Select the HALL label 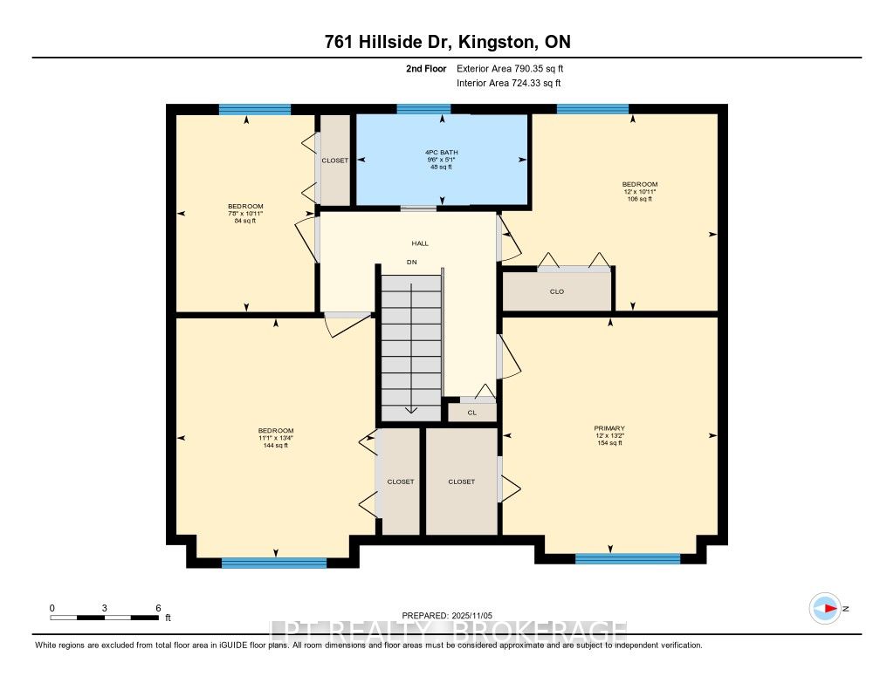(x=421, y=243)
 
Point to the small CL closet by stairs (x=471, y=413)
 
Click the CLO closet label (x=557, y=291)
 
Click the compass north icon (x=824, y=608)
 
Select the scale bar (x=104, y=618)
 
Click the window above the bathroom (x=423, y=109)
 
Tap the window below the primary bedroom (x=627, y=558)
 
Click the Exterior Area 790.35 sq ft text (x=515, y=68)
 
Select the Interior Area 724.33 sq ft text (x=508, y=84)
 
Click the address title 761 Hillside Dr (x=446, y=42)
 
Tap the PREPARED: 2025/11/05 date (x=446, y=614)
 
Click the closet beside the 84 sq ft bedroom (x=335, y=161)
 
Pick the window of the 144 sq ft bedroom (x=273, y=564)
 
